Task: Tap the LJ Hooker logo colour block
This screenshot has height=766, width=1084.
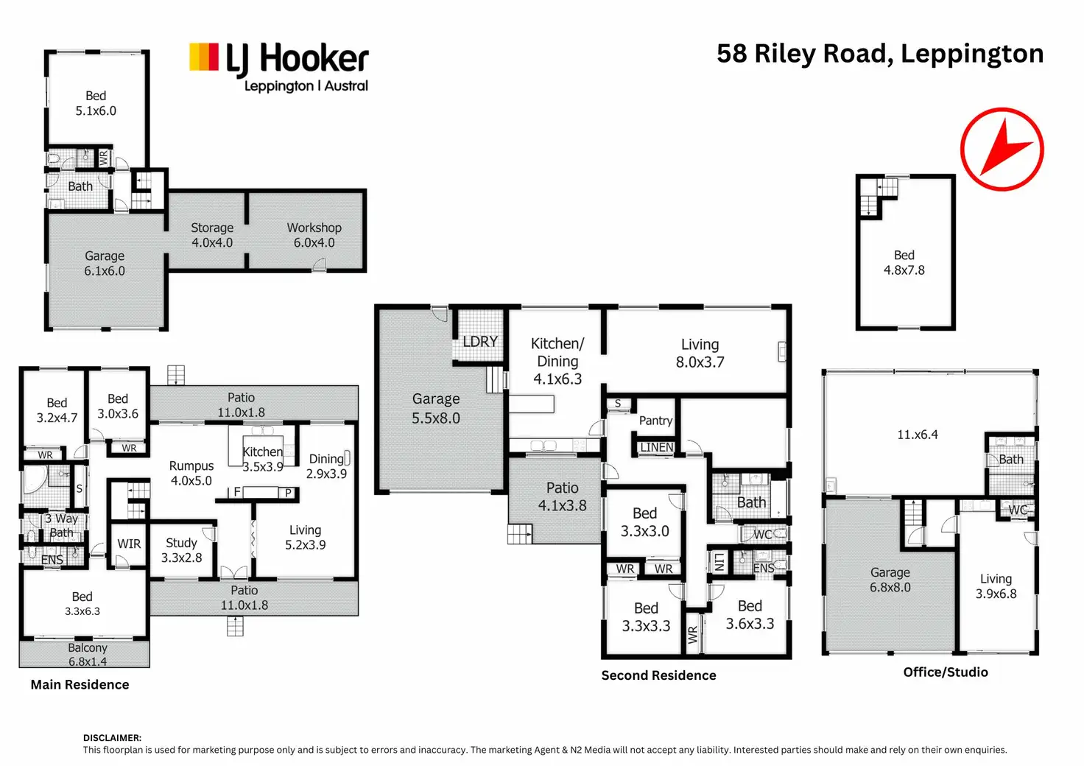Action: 204,57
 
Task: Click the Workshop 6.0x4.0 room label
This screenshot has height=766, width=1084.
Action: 314,235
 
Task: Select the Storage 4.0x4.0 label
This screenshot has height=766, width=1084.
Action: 212,235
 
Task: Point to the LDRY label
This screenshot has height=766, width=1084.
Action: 480,342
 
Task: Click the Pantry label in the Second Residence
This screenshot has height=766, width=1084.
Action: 655,421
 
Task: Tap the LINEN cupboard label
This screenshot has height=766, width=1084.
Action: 657,448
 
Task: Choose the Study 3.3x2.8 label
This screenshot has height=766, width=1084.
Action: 181,550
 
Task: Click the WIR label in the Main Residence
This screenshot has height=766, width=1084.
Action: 129,544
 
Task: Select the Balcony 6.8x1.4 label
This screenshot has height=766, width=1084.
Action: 88,654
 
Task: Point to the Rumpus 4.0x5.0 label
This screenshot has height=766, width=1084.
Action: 191,474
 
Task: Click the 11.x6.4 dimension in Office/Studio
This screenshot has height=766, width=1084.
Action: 918,435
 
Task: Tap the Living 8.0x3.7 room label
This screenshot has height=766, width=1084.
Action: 700,354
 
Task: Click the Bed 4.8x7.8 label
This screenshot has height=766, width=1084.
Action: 904,262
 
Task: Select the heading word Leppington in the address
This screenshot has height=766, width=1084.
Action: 972,55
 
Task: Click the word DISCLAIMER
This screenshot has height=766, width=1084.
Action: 112,738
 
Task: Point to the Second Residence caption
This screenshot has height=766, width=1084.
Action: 658,675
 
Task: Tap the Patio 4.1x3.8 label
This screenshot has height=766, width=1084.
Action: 563,496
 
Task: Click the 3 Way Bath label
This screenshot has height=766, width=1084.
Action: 61,525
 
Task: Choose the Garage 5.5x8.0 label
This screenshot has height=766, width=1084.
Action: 436,408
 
